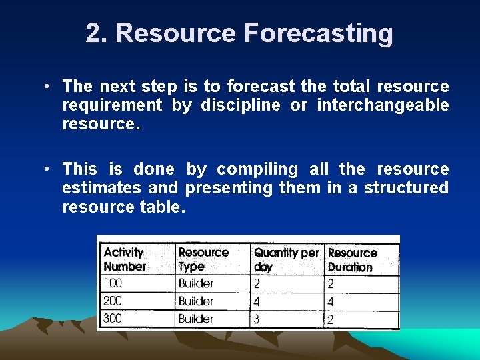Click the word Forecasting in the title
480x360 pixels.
pos(318,33)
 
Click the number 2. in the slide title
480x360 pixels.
pos(100,33)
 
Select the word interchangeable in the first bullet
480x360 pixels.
pos(383,105)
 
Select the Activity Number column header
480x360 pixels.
pos(125,259)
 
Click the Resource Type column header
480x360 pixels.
pos(203,259)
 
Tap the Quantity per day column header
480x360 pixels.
pos(286,259)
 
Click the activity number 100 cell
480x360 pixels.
pos(113,283)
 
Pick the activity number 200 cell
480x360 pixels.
pos(113,301)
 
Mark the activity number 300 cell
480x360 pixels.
pos(113,319)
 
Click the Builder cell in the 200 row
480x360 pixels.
pos(196,301)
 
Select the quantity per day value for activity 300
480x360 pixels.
pos(258,319)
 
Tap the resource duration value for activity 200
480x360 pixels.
pos(331,301)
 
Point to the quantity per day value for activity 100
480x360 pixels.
pos(257,283)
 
